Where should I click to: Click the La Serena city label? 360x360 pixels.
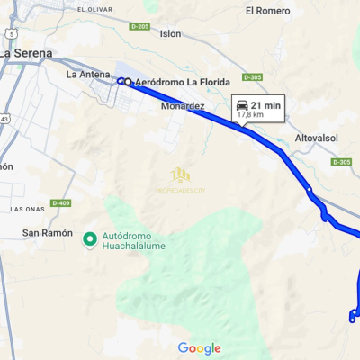[32, 53]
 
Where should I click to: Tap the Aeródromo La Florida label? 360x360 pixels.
[177, 83]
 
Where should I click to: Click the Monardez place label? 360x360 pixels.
[183, 106]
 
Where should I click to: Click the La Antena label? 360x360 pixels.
[87, 75]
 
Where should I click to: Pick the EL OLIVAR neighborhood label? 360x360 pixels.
[94, 9]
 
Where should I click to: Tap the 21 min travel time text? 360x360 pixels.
[266, 105]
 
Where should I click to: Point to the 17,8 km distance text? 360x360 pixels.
[251, 115]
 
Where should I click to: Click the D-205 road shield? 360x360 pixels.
[139, 27]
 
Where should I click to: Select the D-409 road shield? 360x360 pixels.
[60, 203]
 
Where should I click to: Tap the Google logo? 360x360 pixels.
[200, 348]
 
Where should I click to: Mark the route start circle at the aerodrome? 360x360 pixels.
[121, 82]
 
